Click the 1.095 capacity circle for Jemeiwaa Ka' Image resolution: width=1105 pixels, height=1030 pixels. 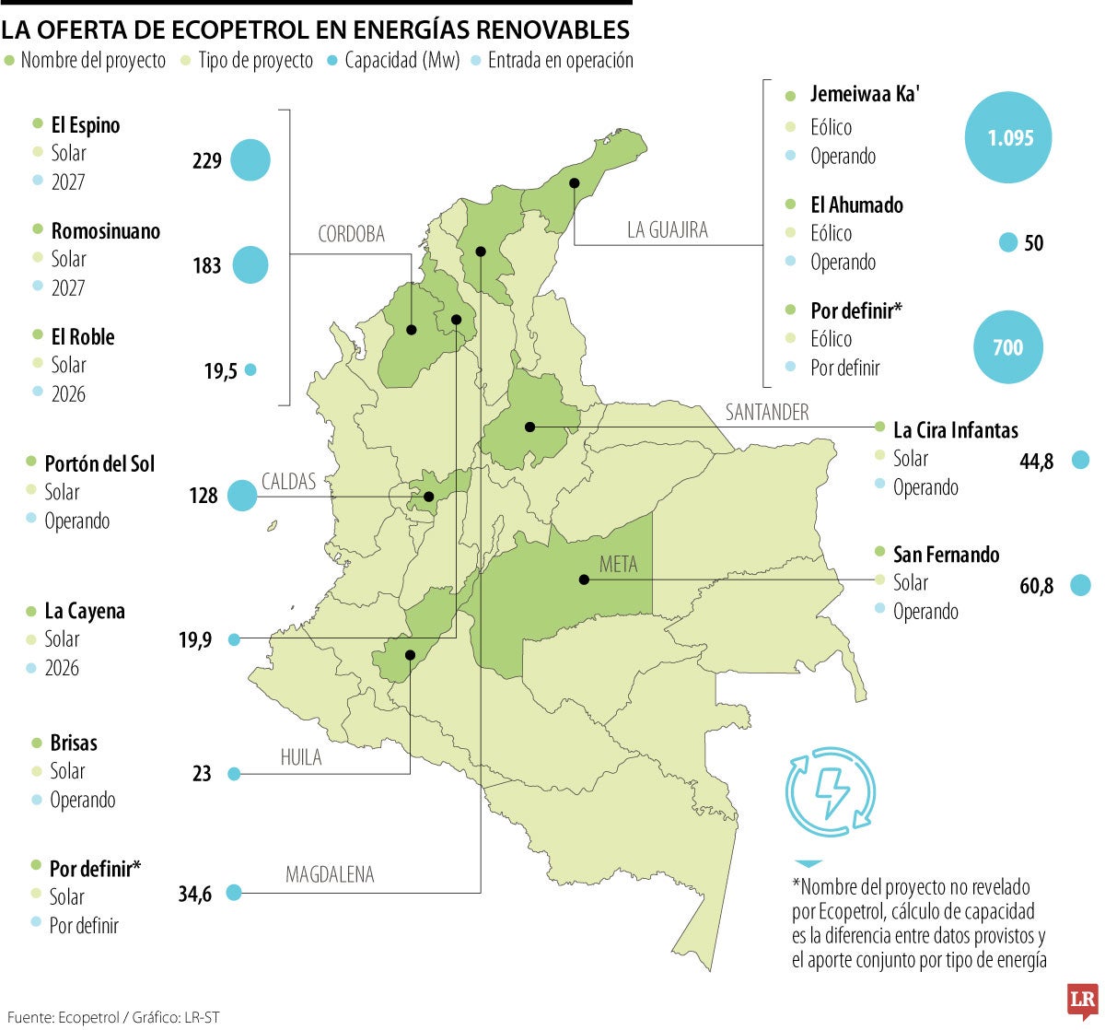[1008, 138]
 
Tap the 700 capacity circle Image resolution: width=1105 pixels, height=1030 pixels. [1008, 347]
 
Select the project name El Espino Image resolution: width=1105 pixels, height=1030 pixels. [85, 125]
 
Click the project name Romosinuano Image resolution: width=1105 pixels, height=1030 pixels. [105, 231]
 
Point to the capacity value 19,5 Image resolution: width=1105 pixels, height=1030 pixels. [221, 371]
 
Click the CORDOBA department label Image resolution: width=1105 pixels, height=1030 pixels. [351, 234]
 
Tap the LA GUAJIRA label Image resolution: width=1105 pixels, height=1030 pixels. [668, 230]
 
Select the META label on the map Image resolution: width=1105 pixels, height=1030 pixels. [618, 564]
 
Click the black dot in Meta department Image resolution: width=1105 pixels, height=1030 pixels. [584, 579]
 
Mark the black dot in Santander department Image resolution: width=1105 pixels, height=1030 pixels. [529, 427]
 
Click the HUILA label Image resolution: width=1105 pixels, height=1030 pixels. [301, 757]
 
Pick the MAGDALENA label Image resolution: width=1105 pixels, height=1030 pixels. [330, 874]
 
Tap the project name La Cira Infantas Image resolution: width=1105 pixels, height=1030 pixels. [955, 430]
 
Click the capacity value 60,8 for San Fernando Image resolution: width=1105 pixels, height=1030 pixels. [1037, 585]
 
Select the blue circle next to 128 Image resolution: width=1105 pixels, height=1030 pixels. [242, 496]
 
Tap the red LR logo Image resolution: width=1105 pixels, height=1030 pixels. [1081, 1001]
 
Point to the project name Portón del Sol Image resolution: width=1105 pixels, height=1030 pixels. [99, 463]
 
